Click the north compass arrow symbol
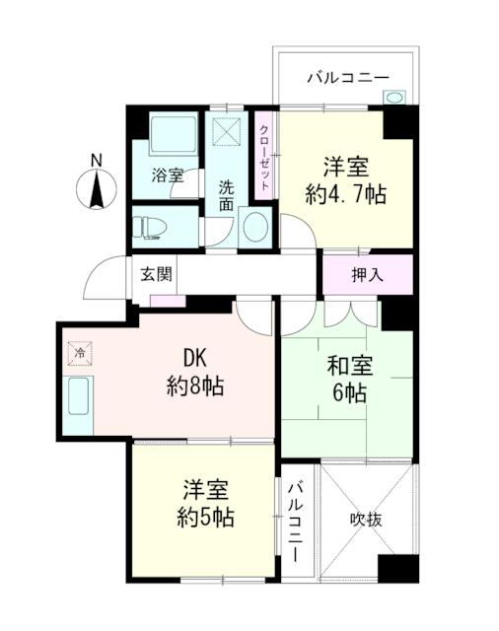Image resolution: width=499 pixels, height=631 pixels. point(97,189)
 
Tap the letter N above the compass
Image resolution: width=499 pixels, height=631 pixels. point(96,160)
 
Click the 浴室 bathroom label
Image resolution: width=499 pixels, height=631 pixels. point(167,176)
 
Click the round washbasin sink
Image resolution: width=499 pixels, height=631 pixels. point(253,226)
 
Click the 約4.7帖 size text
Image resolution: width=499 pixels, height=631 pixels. point(344,194)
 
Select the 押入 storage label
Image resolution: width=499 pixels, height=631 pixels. point(367,275)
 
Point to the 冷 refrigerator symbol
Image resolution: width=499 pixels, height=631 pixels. point(78,352)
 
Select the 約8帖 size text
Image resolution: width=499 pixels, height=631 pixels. point(194,386)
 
